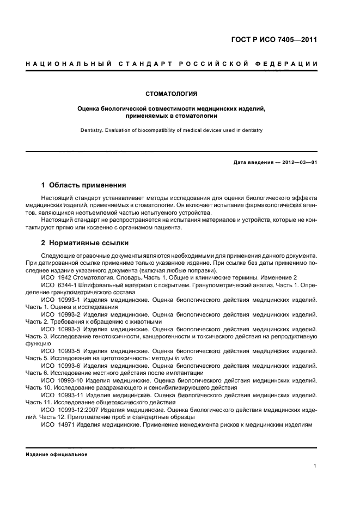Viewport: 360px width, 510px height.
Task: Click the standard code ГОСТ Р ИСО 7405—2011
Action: click(x=274, y=40)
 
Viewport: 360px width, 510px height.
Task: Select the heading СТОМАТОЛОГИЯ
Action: click(x=172, y=94)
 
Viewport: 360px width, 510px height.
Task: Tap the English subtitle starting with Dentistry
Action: click(x=172, y=130)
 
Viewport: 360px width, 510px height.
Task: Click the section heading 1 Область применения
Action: click(x=84, y=185)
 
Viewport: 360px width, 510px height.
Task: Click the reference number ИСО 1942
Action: click(x=57, y=277)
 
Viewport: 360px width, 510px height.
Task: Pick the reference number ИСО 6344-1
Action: click(x=59, y=284)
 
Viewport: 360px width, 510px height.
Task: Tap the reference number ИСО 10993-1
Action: click(x=60, y=300)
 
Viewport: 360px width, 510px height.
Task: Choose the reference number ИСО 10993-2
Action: click(x=60, y=314)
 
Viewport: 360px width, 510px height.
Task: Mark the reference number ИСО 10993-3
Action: click(x=60, y=329)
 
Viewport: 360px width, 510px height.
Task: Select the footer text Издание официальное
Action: click(x=57, y=454)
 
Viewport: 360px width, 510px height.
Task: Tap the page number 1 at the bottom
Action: click(x=315, y=466)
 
